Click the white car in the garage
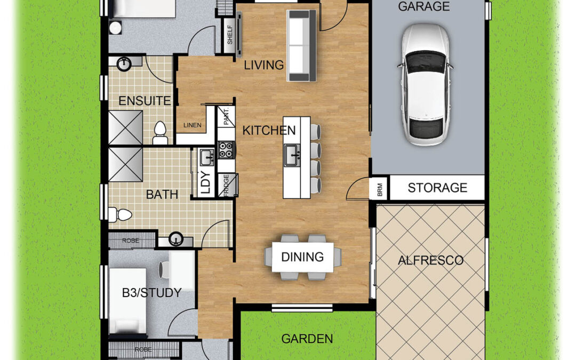(425, 85)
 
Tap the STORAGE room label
(437, 188)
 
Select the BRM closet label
(380, 189)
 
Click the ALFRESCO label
(430, 260)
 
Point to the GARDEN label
(307, 339)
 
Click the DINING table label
(302, 257)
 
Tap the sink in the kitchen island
(292, 155)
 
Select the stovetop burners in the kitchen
(226, 150)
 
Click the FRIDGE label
(226, 186)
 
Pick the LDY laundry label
(206, 182)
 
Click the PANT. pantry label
(226, 116)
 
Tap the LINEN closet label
(193, 125)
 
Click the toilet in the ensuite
(160, 133)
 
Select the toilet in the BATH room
(120, 214)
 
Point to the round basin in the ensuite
(124, 64)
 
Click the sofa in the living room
(301, 45)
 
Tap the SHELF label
(230, 35)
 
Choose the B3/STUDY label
(151, 293)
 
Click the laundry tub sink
(207, 157)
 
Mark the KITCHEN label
(269, 131)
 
